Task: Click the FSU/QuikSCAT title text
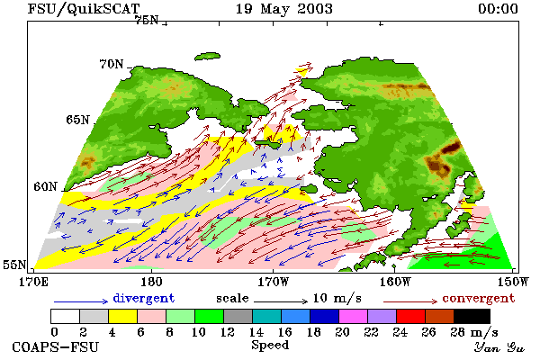click(x=84, y=9)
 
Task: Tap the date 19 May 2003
click(x=284, y=9)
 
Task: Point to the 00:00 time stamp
click(x=498, y=9)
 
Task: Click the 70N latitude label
click(x=112, y=64)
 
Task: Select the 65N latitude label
click(x=77, y=120)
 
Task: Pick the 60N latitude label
click(x=45, y=186)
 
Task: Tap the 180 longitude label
click(x=152, y=282)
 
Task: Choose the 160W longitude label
click(x=396, y=282)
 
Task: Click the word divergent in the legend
click(x=144, y=298)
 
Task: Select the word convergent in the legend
click(x=479, y=298)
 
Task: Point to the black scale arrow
click(x=281, y=301)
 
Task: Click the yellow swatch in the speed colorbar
click(x=122, y=316)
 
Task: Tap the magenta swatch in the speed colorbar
click(x=354, y=316)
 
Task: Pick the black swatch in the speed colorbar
click(x=472, y=316)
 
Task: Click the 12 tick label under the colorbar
click(x=228, y=332)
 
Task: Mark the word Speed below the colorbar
click(x=270, y=346)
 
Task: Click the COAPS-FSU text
click(x=56, y=346)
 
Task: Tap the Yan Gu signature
click(x=499, y=347)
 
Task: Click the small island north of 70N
click(x=207, y=57)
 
